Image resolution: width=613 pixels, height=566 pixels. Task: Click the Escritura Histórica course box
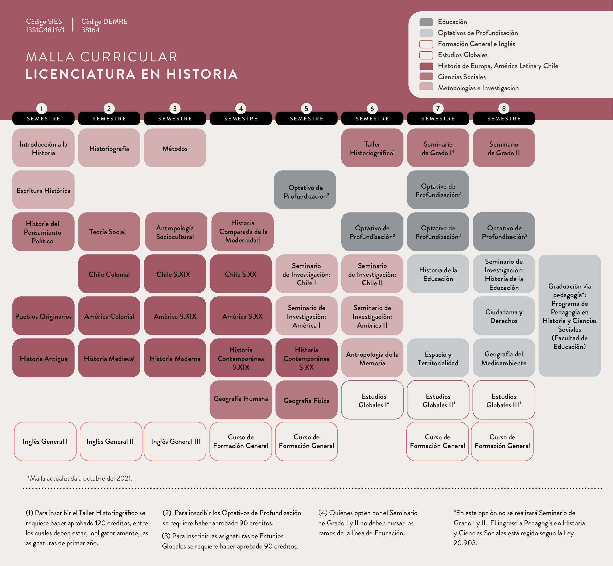click(43, 190)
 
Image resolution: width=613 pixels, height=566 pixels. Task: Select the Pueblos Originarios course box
click(43, 316)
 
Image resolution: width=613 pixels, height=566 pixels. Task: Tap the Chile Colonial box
click(109, 274)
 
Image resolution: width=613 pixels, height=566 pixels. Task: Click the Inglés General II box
click(110, 441)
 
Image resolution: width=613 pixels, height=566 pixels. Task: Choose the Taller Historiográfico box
click(372, 148)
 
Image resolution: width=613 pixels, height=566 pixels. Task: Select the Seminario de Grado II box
click(504, 148)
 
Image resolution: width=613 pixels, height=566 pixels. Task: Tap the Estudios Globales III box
click(504, 400)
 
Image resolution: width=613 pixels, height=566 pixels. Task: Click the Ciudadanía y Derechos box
click(504, 316)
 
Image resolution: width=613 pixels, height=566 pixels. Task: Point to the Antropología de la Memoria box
click(372, 358)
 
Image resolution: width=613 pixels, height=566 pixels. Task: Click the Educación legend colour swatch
click(426, 22)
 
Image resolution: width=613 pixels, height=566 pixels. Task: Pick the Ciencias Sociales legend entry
click(461, 77)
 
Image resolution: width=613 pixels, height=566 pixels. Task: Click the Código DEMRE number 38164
click(90, 30)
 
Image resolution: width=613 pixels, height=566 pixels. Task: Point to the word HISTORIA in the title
click(202, 74)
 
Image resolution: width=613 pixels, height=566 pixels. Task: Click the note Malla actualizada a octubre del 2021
click(80, 478)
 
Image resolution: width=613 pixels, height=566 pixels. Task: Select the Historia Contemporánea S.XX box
click(306, 358)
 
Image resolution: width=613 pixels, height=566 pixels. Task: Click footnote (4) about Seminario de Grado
click(367, 523)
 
